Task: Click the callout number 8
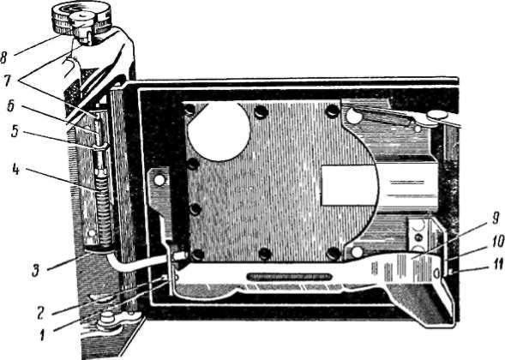(4, 57)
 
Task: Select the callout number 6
(10, 106)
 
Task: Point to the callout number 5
(15, 131)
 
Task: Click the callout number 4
(16, 170)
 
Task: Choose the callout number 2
(40, 314)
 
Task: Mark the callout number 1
(42, 335)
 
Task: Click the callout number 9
(496, 219)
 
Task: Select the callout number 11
(498, 264)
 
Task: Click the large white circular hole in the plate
(219, 131)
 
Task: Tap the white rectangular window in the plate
(350, 185)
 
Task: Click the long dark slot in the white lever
(289, 277)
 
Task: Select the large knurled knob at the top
(81, 18)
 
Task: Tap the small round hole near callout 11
(436, 273)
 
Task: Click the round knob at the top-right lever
(437, 114)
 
